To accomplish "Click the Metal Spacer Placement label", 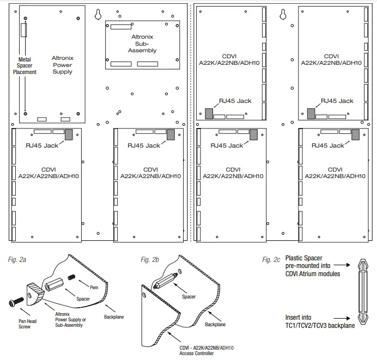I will [x=25, y=66].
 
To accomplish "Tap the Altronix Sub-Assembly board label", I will [x=142, y=44].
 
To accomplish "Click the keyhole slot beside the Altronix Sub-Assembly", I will [x=98, y=14].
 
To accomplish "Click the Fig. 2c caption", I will [x=271, y=259].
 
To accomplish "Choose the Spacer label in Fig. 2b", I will [x=189, y=297].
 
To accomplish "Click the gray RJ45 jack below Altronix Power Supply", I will [x=69, y=135].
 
